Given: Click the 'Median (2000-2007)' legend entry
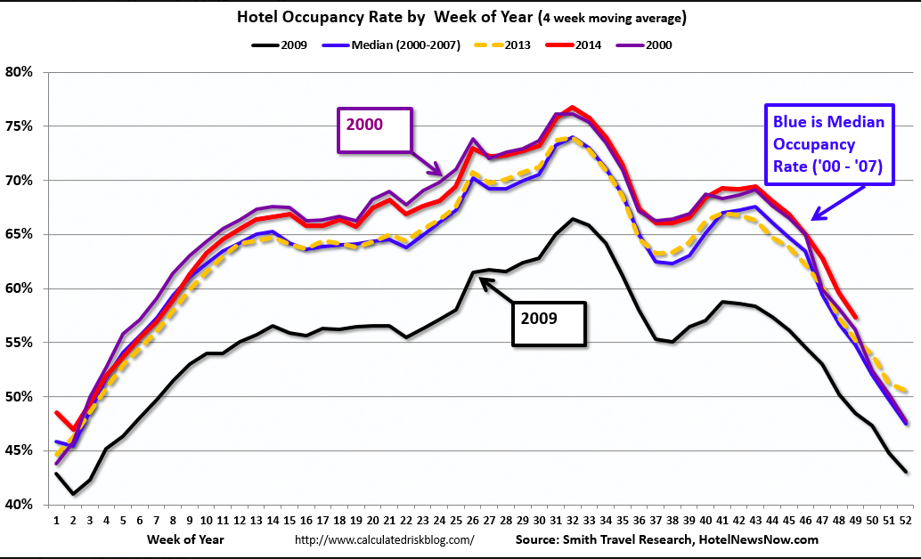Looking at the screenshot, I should (x=396, y=44).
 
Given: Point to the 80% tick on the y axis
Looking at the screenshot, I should (x=20, y=72).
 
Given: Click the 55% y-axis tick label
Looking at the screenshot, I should (x=20, y=343).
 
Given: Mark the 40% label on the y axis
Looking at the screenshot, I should (x=20, y=505).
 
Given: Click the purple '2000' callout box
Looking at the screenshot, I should (x=374, y=132).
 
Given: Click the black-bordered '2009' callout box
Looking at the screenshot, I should (x=549, y=323).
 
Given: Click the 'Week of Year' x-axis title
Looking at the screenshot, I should (x=186, y=539).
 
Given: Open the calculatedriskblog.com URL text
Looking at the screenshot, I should (x=384, y=540).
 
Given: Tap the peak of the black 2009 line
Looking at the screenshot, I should (x=572, y=219).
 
